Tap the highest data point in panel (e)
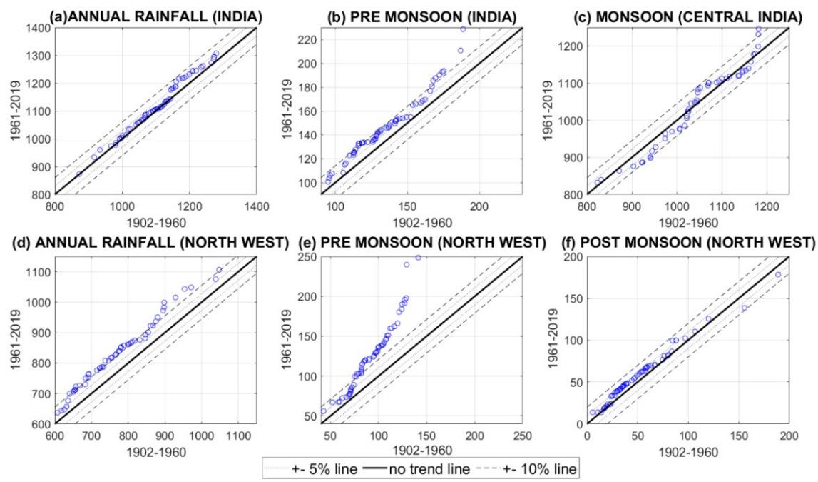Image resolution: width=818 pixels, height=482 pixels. coord(418,257)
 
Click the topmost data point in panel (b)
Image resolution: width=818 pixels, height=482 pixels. coord(463,29)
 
